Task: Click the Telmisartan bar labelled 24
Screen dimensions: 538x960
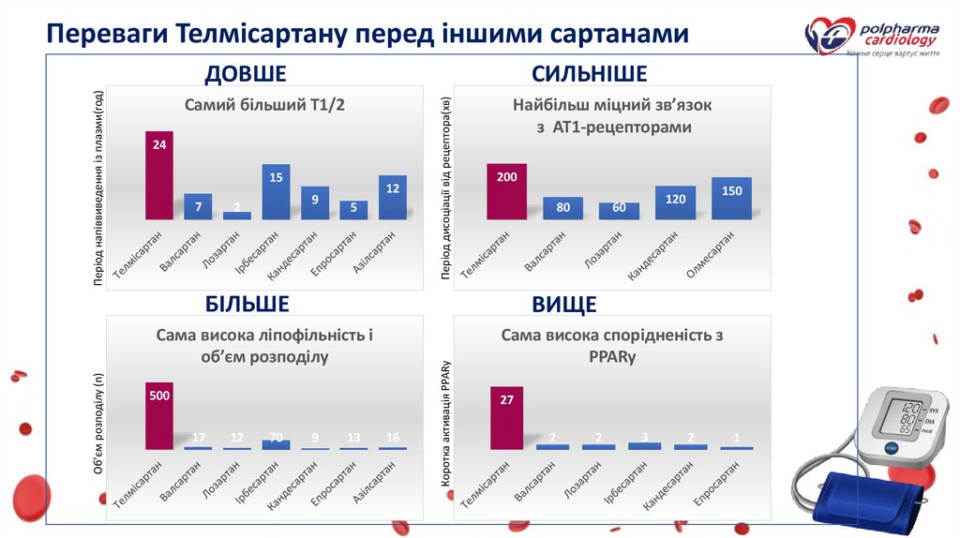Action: (x=159, y=175)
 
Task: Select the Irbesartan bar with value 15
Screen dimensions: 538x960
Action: (x=276, y=191)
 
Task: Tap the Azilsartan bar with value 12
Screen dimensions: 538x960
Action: (x=393, y=197)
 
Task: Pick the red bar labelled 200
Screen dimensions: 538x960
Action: (x=506, y=191)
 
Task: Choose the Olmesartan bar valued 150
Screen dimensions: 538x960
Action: (x=731, y=198)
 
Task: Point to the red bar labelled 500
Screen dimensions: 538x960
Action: (x=159, y=416)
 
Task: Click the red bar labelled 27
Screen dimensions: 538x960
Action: (x=506, y=418)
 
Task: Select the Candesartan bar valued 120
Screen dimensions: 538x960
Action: (x=675, y=202)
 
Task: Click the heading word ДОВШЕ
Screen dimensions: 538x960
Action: (x=246, y=74)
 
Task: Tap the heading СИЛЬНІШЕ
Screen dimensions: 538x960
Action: (x=589, y=74)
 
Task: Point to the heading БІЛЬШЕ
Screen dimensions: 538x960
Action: (x=247, y=303)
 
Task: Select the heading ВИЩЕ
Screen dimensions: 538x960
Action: (x=564, y=305)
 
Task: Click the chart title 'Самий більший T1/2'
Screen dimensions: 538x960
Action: (x=265, y=106)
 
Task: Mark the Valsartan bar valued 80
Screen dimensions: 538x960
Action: (x=562, y=208)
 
